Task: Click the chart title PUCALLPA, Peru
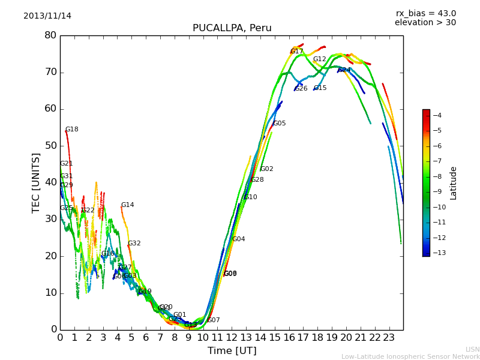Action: pos(232,28)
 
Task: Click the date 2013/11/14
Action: pos(47,16)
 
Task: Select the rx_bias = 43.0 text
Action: pos(425,13)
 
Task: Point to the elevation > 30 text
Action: pos(425,23)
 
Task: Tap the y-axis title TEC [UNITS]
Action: pos(36,182)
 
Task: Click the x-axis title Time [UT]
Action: pos(232,350)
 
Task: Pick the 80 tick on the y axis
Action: pos(50,35)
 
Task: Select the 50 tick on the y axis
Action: pos(50,146)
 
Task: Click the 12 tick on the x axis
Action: pos(232,337)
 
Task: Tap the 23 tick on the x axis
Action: pos(389,337)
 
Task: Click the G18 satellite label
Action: pos(71,130)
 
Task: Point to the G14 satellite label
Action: pos(127,205)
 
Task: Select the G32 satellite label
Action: pos(134,244)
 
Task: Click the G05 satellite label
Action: pos(279,124)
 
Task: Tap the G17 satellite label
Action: pos(296,52)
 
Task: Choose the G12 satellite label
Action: pos(319,59)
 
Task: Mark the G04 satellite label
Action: pos(238,239)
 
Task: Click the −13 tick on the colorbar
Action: pos(436,253)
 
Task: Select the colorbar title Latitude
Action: pos(454,183)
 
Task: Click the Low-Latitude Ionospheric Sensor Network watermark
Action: pos(410,356)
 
